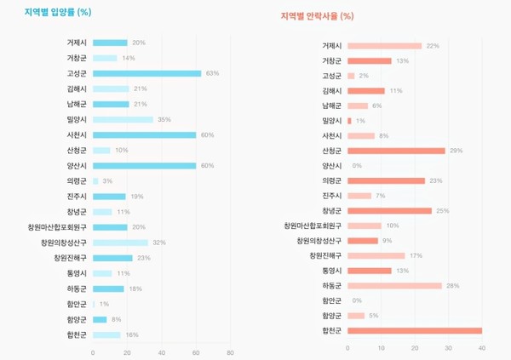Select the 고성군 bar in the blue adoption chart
[146, 73]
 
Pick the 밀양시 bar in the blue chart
[123, 119]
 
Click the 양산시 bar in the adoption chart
[144, 165]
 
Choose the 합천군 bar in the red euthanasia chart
[414, 330]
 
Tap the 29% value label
[456, 151]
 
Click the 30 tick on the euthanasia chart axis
[448, 347]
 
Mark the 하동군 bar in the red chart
[394, 285]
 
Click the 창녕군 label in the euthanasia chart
[331, 210]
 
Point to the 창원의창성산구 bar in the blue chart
[120, 243]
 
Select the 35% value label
[164, 119]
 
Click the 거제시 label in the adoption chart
[77, 43]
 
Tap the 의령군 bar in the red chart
[386, 180]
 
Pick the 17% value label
[416, 255]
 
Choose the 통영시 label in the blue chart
[77, 273]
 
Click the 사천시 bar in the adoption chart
[144, 134]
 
